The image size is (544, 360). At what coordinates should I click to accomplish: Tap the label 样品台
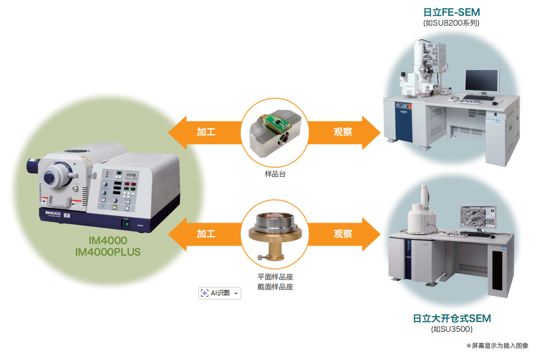[275, 174]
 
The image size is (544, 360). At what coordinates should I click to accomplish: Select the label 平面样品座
[275, 277]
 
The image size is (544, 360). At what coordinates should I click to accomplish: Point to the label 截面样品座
[275, 287]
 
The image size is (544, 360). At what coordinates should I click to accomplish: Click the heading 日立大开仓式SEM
[452, 318]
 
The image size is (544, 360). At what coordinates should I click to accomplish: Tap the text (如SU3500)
[452, 329]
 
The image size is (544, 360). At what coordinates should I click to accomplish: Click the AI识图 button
[220, 293]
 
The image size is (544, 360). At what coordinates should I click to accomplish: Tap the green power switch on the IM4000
[125, 224]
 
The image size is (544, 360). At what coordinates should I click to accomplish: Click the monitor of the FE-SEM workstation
[481, 81]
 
